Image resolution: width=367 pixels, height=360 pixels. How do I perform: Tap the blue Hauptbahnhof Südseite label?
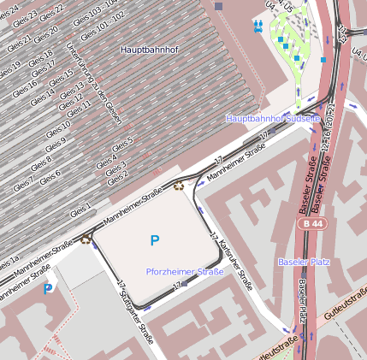pos(272,118)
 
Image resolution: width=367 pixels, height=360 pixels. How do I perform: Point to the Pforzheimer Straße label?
pos(186,271)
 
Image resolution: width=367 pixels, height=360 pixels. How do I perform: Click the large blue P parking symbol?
pos(154,242)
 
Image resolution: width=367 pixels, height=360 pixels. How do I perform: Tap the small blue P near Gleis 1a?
pos(48,289)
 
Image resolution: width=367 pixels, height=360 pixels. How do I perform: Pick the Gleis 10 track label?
pos(58,131)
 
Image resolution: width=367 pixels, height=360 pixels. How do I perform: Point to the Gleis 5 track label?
pos(123,142)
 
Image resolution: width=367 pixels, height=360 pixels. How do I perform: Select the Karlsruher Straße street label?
pos(232,263)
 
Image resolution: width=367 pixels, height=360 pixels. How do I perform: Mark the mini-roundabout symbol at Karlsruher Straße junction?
pos(179,185)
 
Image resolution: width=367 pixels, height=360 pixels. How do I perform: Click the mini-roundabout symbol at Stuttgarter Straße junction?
pos(86,239)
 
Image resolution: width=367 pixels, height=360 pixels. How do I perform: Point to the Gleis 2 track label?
pos(117,177)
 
